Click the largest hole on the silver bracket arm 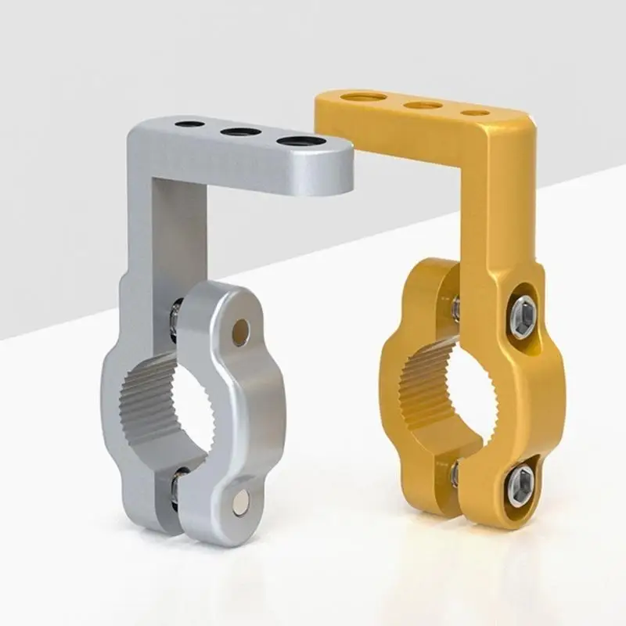pos(302,142)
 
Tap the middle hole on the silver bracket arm pos(240,131)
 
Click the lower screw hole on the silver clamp pos(239,501)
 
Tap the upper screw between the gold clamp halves pos(455,308)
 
